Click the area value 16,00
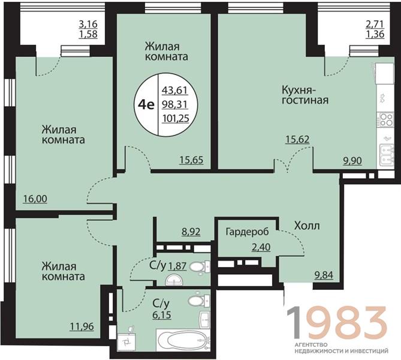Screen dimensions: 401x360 point(35,199)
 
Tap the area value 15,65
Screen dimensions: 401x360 point(191,160)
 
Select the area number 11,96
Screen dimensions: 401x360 point(82,327)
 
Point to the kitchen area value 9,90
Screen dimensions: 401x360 point(352,161)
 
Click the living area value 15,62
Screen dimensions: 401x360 point(297,139)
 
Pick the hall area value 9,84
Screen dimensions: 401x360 point(324,275)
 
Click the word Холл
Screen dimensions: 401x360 point(307,226)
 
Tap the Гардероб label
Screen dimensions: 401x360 point(248,232)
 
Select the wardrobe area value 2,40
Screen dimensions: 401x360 point(261,247)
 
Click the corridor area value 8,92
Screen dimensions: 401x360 point(191,232)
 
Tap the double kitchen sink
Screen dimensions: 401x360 point(385,154)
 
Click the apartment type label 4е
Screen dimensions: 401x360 point(146,104)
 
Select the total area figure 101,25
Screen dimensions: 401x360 point(176,118)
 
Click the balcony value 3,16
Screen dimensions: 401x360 point(88,25)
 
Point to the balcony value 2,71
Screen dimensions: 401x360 point(375,25)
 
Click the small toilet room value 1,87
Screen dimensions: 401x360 point(177,266)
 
